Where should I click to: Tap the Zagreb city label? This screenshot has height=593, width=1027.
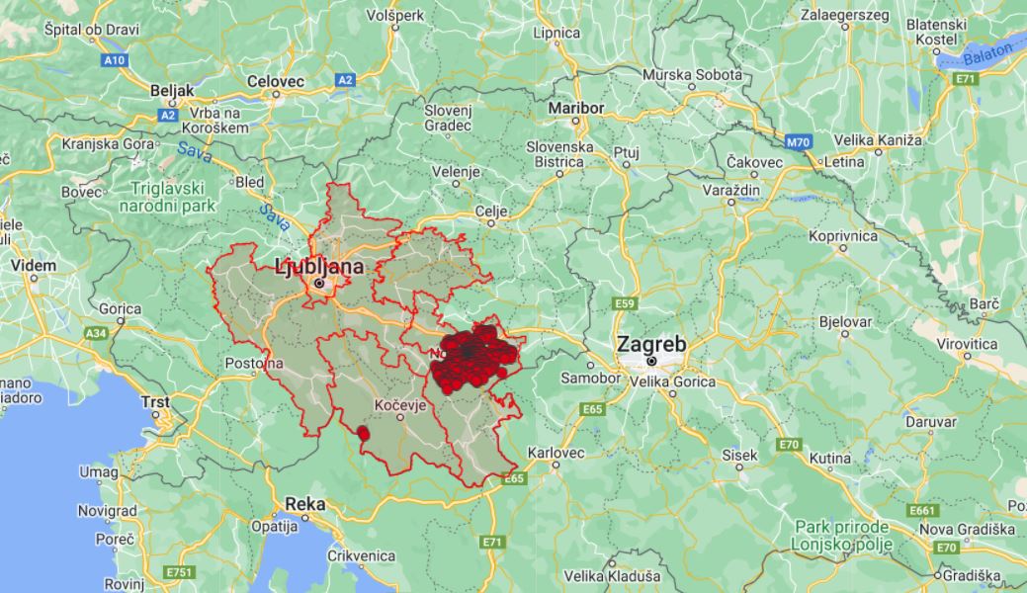click(x=651, y=344)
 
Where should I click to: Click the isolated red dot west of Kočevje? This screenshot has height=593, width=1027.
click(x=363, y=433)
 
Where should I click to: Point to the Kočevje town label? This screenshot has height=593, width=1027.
click(x=400, y=405)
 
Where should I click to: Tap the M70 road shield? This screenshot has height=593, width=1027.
click(x=799, y=142)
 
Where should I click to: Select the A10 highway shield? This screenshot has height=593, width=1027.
click(x=115, y=60)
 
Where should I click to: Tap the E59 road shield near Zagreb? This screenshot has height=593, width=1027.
click(x=623, y=303)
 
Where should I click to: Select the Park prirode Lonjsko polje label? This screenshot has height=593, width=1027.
click(x=842, y=536)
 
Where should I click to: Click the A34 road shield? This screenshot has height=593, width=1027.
click(x=97, y=333)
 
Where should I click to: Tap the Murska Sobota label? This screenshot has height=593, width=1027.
click(x=691, y=75)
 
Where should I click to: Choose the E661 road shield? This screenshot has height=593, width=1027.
click(x=922, y=510)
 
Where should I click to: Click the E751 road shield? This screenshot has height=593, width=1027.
click(x=180, y=572)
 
